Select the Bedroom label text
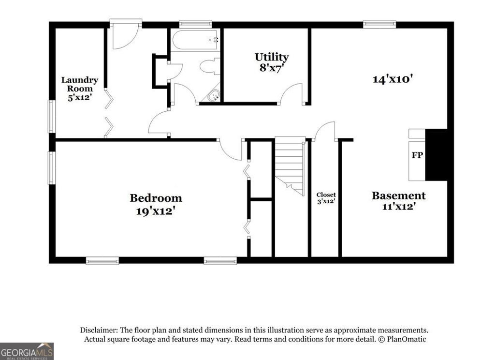point(156,198)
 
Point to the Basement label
point(398,196)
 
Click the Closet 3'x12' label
point(326,198)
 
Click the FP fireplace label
point(417,156)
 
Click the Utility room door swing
point(292,93)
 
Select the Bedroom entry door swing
point(231,150)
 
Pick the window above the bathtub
point(195,23)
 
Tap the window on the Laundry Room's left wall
point(51,116)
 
